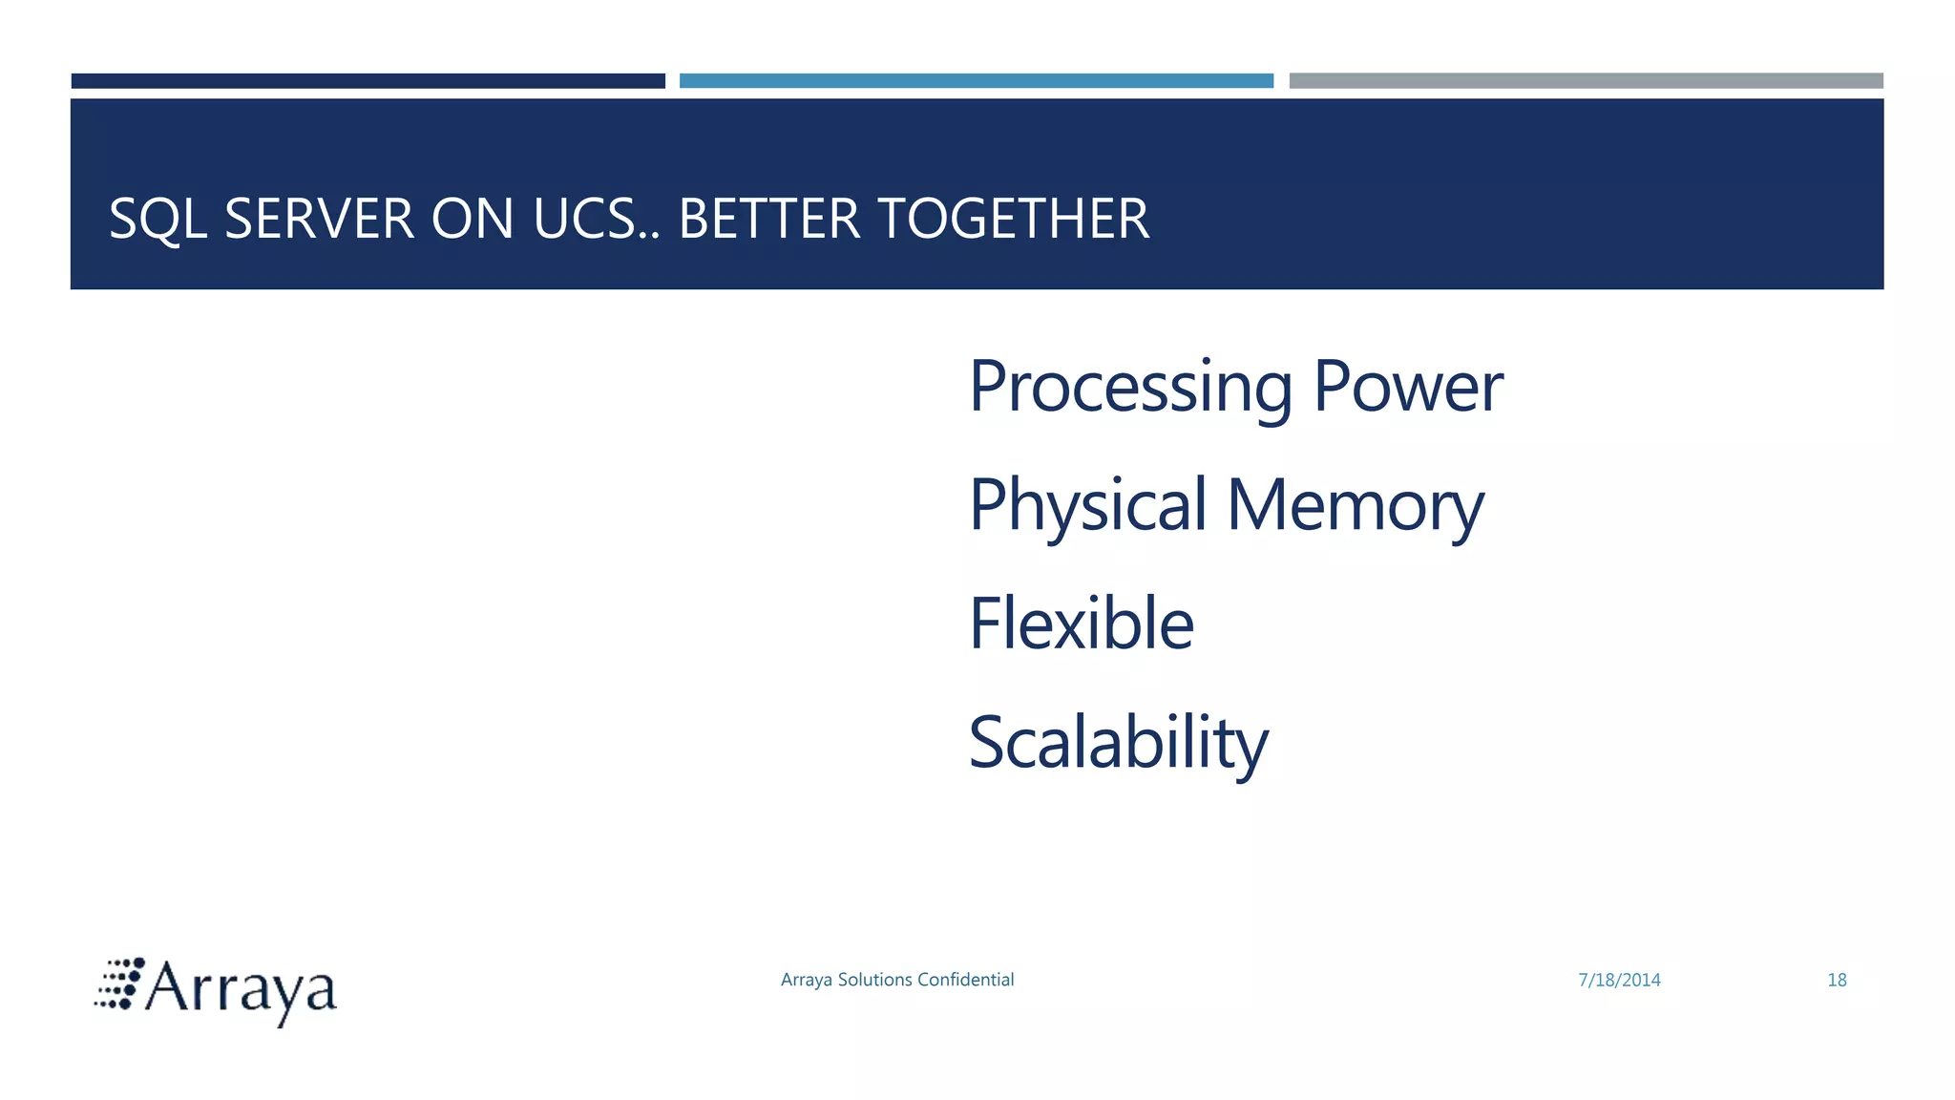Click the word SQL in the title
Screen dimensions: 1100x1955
tap(158, 219)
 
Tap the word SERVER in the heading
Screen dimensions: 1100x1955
tap(319, 219)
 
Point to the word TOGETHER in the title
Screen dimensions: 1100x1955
tap(1013, 219)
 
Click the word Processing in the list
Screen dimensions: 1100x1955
tap(1131, 387)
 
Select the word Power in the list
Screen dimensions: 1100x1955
tap(1408, 387)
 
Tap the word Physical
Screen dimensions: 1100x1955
tap(1088, 506)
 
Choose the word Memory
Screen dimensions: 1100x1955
tap(1356, 506)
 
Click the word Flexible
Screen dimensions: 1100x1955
tap(1082, 624)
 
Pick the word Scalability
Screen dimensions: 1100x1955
tap(1119, 743)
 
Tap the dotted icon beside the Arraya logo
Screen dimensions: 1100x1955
tap(119, 984)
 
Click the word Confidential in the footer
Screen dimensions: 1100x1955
tap(965, 980)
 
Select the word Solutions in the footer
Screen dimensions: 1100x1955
tap(874, 980)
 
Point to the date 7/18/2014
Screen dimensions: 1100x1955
tap(1619, 981)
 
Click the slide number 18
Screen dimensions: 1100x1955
tap(1837, 981)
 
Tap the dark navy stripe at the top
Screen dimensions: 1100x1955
tap(368, 81)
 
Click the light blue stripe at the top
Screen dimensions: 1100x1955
tap(977, 81)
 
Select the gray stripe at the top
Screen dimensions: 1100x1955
tap(1586, 81)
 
